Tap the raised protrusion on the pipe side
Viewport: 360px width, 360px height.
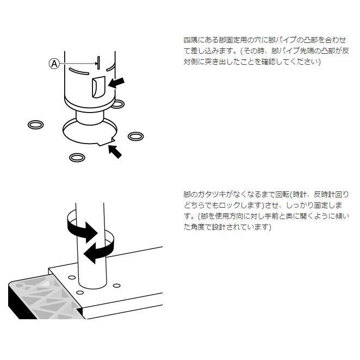coord(98,87)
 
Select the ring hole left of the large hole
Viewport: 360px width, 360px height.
coord(35,125)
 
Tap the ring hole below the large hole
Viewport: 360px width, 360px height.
coord(77,157)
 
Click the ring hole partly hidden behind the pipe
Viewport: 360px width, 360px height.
coord(117,103)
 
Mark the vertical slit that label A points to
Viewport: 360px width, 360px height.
coord(98,63)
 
